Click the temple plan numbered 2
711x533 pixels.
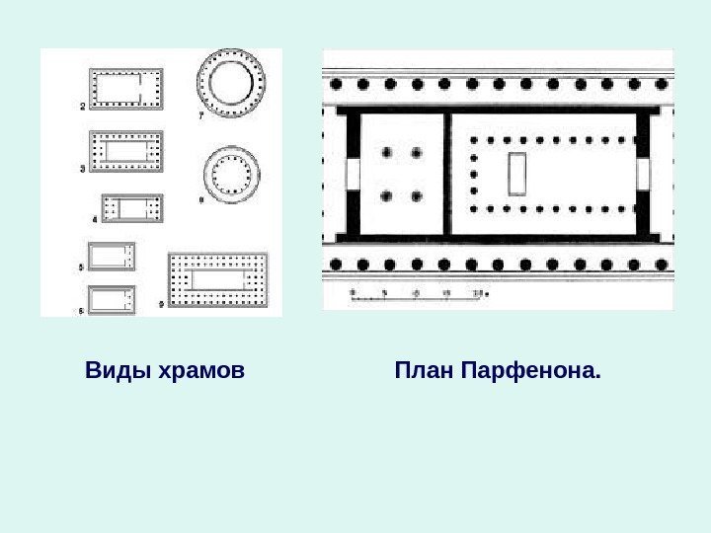click(125, 88)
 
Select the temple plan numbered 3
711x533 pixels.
click(124, 150)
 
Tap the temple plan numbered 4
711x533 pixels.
click(131, 207)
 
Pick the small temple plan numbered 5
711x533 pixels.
click(111, 256)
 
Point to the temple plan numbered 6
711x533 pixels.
click(111, 299)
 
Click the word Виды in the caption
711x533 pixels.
click(113, 372)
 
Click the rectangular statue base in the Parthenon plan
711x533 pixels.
click(516, 174)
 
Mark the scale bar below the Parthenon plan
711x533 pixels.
click(415, 293)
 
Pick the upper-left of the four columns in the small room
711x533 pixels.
click(386, 153)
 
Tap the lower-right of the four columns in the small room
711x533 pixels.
click(417, 195)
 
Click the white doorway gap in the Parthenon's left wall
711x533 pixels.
click(353, 174)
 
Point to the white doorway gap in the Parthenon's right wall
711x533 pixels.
click(643, 174)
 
